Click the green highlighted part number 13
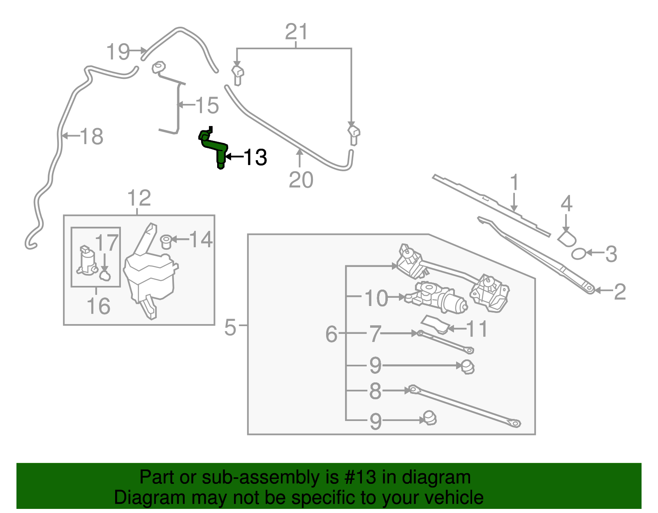(x=215, y=146)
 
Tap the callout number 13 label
(x=255, y=157)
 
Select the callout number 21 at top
(x=297, y=32)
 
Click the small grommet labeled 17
(x=105, y=276)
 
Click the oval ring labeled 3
(x=578, y=254)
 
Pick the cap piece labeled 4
(x=567, y=238)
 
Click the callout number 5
(x=230, y=327)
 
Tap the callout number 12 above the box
(x=139, y=198)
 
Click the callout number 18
(x=91, y=136)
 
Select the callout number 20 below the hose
(x=301, y=179)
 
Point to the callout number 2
(x=619, y=292)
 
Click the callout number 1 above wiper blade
(x=514, y=183)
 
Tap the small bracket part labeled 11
(x=434, y=324)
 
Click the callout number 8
(x=375, y=391)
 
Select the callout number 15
(x=207, y=106)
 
